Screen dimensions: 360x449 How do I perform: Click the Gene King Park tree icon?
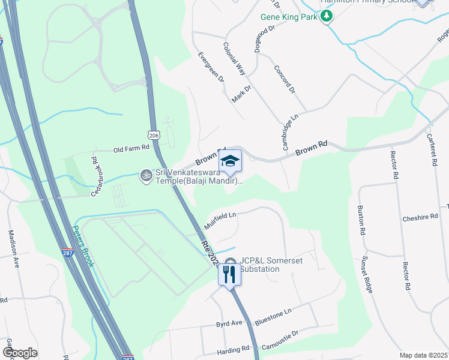pyautogui.click(x=327, y=17)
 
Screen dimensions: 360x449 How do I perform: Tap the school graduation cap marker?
pyautogui.click(x=230, y=161)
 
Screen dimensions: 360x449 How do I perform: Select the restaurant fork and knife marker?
pyautogui.click(x=229, y=275)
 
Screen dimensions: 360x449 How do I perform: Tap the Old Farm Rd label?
pyautogui.click(x=131, y=149)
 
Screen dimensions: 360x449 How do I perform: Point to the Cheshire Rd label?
pyautogui.click(x=421, y=218)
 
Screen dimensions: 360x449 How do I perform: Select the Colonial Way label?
pyautogui.click(x=234, y=58)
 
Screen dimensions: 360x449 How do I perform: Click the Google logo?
pyautogui.click(x=20, y=353)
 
